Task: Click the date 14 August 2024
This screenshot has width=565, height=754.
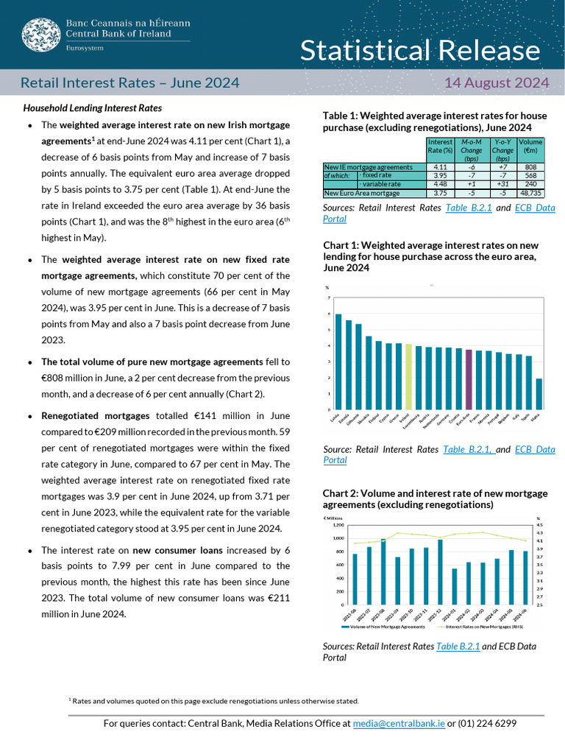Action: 497,82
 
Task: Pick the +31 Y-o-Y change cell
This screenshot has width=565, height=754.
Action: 503,184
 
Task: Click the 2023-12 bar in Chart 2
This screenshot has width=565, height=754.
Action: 441,571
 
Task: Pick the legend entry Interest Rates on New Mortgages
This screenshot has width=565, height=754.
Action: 479,627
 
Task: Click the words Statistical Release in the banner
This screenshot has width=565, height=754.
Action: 419,51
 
